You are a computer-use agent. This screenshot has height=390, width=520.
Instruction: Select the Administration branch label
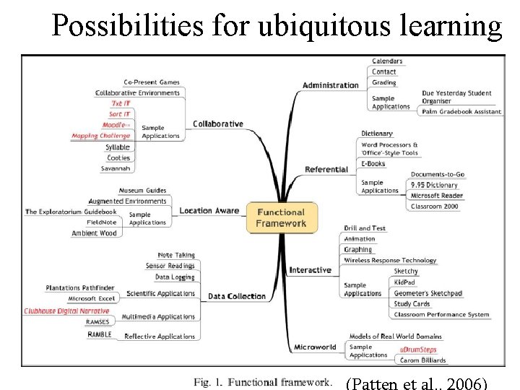click(330, 85)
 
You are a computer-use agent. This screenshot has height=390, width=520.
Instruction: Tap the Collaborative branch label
click(218, 123)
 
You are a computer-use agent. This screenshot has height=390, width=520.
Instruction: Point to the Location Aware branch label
click(209, 211)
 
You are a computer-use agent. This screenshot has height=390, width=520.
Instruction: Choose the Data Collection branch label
click(237, 296)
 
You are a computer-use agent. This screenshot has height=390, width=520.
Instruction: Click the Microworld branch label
click(315, 347)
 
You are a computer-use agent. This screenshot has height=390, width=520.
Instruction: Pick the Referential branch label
click(326, 170)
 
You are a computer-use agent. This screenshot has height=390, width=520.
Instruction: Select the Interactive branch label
click(311, 270)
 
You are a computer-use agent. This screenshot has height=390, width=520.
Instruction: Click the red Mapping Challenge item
click(100, 136)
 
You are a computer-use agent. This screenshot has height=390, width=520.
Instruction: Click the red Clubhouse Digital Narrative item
click(67, 311)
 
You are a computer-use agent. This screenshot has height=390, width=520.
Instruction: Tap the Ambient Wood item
click(94, 233)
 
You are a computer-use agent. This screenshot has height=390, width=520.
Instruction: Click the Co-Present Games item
click(152, 82)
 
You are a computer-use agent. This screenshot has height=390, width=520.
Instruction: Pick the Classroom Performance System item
click(441, 315)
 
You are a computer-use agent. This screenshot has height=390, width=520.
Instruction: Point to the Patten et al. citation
click(417, 382)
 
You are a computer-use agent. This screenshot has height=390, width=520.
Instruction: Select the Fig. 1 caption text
click(263, 381)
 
